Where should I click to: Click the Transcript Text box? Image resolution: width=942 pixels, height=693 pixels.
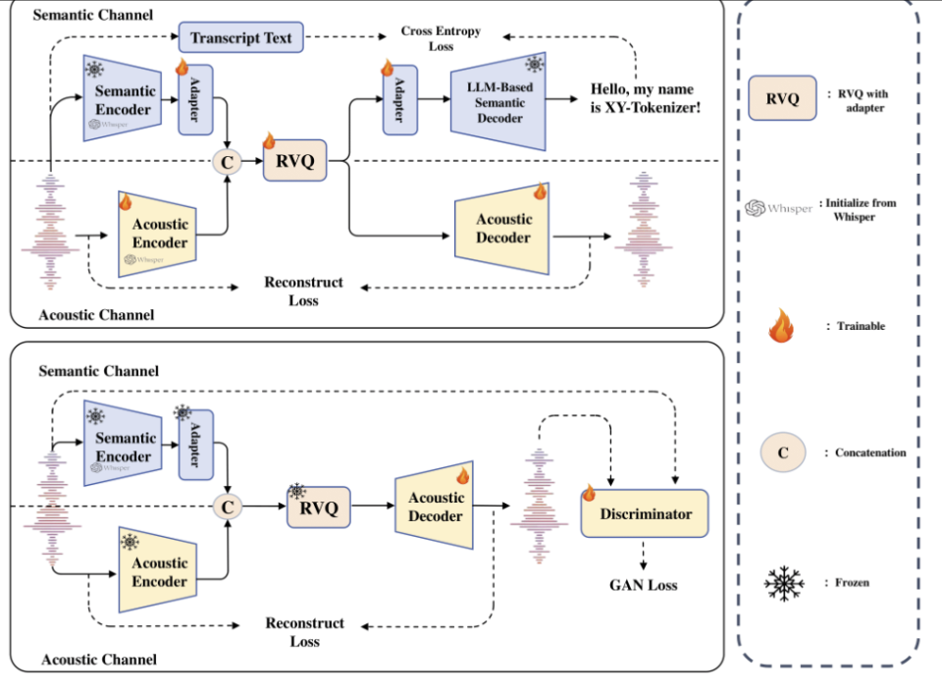coord(241,37)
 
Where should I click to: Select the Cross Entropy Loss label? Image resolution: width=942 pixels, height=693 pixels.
coord(441,38)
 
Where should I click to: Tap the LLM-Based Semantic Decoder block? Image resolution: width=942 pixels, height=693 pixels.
coord(498,101)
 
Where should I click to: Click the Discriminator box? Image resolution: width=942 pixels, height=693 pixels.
coord(645,513)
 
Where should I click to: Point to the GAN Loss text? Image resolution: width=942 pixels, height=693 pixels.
coord(644,585)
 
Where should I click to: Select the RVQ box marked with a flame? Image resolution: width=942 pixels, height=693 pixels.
coord(295,160)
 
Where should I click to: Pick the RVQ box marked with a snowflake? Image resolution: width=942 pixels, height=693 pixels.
coord(318,507)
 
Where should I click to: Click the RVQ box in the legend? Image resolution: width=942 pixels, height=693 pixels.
coord(782,98)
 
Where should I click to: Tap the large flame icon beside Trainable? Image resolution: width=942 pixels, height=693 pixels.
coord(781,325)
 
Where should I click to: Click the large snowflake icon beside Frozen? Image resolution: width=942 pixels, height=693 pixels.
coord(784,583)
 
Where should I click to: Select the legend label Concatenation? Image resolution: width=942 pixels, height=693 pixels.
coord(870,453)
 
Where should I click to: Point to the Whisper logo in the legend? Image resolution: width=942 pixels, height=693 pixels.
coord(778,208)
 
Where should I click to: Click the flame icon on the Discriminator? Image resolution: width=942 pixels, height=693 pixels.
coord(589,493)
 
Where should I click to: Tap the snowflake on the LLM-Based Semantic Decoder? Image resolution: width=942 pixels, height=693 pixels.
coord(535,64)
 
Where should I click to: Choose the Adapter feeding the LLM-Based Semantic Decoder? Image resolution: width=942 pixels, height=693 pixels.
coord(400,100)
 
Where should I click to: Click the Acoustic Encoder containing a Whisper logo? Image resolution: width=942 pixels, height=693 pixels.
coord(157,234)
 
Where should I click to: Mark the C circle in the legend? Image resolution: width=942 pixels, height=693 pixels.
coord(783,453)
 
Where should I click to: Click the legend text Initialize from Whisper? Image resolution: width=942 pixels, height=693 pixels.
coord(860,210)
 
